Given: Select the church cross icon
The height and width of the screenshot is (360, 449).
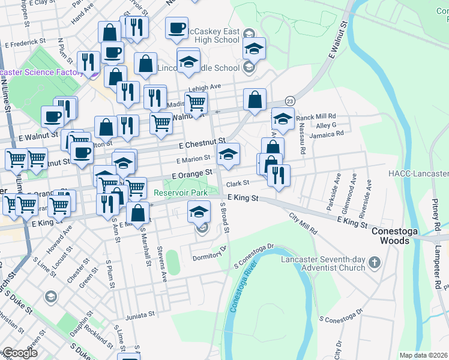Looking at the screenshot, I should (x=375, y=262).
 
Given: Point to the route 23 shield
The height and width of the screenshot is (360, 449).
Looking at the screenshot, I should (x=291, y=101).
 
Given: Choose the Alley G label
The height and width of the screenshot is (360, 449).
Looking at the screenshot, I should (x=327, y=125).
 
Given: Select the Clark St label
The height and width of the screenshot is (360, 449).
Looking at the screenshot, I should (x=237, y=184).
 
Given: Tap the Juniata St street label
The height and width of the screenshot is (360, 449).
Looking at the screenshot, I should (x=140, y=314).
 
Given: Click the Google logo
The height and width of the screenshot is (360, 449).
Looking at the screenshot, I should (x=19, y=353).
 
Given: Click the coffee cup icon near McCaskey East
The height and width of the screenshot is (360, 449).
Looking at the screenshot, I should (x=176, y=29).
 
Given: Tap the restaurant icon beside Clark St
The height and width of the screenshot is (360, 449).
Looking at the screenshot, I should (x=278, y=175).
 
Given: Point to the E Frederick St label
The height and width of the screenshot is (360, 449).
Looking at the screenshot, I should (x=25, y=43).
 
